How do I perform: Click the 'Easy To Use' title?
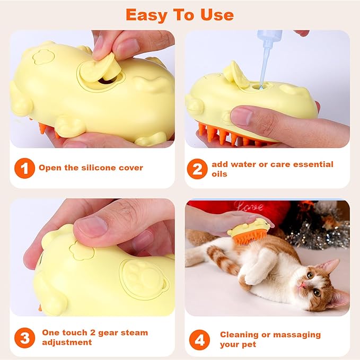[x=180, y=14]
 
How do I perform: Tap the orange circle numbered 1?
[x=24, y=169]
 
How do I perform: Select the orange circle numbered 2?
[x=197, y=169]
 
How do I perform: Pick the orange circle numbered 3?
[x=24, y=337]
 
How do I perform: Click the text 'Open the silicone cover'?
[x=91, y=168]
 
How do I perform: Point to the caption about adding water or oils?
[x=272, y=169]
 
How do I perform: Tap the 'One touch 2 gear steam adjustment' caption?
[x=94, y=337]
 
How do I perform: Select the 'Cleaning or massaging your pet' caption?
[x=270, y=339]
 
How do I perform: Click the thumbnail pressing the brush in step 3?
[x=92, y=226]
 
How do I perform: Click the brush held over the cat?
[x=249, y=231]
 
